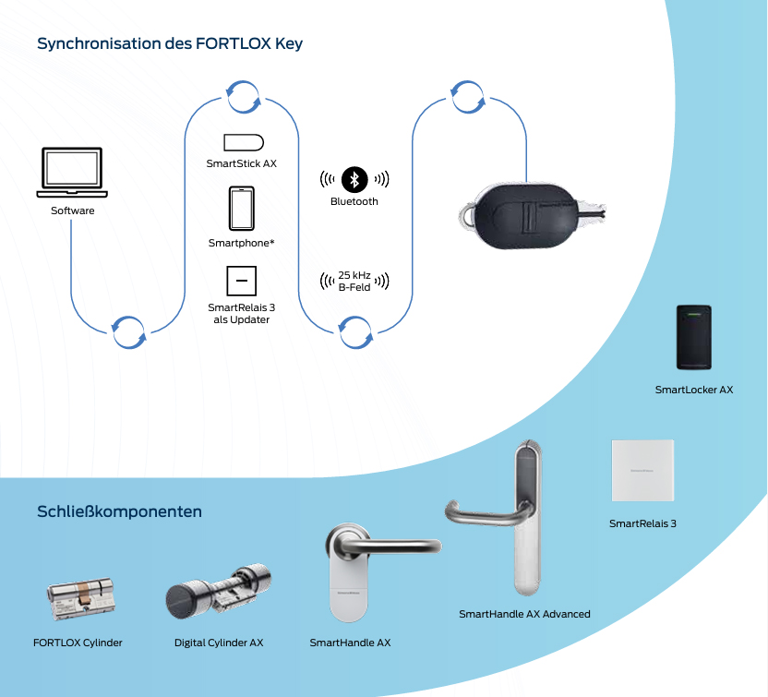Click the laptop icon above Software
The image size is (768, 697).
(72, 173)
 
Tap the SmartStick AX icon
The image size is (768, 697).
(244, 142)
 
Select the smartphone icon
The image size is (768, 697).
(242, 209)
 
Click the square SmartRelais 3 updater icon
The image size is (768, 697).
(241, 281)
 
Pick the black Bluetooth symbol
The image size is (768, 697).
(354, 179)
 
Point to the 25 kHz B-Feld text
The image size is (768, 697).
(354, 282)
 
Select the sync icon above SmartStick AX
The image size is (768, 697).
(243, 96)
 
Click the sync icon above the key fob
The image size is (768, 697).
(468, 96)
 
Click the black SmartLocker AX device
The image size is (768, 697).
(693, 337)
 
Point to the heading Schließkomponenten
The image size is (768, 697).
(119, 511)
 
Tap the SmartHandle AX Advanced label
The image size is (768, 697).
(524, 614)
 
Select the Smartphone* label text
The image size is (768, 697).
(242, 243)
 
